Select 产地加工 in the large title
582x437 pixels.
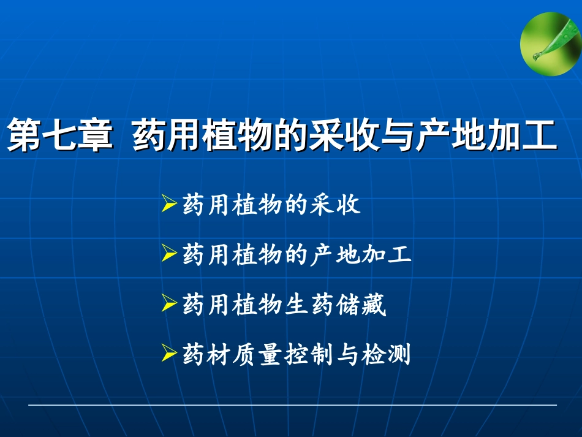[486, 135]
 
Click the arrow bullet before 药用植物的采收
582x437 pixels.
[170, 205]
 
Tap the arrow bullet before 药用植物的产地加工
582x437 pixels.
[170, 254]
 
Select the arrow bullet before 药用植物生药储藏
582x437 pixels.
[170, 303]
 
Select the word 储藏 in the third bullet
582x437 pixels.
[362, 305]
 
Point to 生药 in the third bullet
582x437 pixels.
[310, 305]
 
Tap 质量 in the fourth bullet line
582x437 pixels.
[259, 354]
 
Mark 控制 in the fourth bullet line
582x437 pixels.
[310, 354]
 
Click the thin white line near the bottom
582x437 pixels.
[292, 405]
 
